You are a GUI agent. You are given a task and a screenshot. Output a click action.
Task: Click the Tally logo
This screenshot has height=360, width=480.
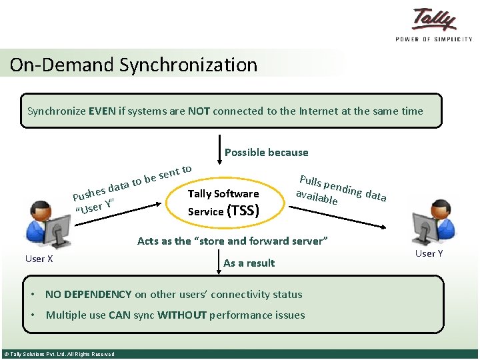434,19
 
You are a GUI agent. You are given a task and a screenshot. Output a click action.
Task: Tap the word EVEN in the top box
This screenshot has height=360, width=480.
102,111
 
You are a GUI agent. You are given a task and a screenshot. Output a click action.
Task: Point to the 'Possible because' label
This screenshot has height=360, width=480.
266,152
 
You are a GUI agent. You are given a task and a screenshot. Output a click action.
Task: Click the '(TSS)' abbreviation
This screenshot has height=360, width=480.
243,211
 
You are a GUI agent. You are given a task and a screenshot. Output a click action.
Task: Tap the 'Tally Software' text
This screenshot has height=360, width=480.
223,193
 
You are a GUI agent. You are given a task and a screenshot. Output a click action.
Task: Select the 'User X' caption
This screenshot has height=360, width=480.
39,259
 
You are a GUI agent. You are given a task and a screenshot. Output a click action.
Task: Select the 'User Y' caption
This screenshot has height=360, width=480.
429,253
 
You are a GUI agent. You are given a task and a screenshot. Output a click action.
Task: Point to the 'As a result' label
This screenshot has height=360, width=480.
249,263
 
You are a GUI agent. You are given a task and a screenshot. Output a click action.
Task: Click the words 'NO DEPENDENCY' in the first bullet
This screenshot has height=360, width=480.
88,294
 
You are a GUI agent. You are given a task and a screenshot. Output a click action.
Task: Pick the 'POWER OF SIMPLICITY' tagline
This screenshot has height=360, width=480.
434,39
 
